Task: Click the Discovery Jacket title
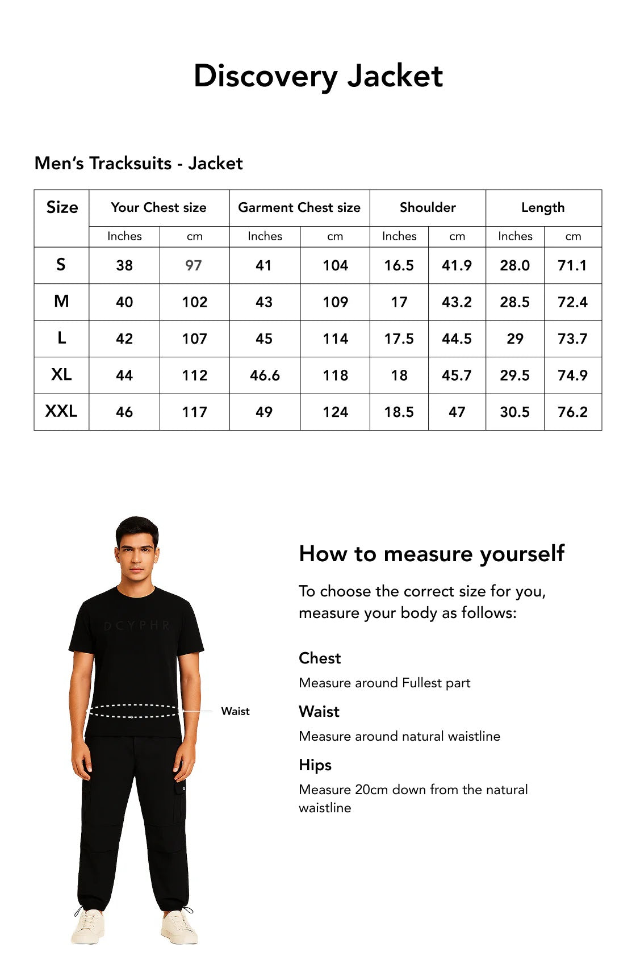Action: click(x=318, y=76)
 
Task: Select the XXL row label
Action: click(x=61, y=411)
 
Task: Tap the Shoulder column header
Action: click(x=428, y=207)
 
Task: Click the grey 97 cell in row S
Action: click(x=194, y=265)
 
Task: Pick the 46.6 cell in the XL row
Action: click(x=265, y=375)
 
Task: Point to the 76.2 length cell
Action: click(x=572, y=412)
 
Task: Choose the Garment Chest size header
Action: click(x=299, y=207)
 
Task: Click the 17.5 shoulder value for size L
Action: click(x=399, y=339)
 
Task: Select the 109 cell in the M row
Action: click(x=335, y=302)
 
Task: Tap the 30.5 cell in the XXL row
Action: click(x=514, y=412)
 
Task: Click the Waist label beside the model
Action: click(x=235, y=711)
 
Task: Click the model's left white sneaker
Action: click(x=179, y=926)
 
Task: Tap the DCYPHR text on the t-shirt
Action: click(x=137, y=625)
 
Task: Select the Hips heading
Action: click(x=315, y=765)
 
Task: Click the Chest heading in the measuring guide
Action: click(x=320, y=658)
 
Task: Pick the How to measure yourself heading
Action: click(x=432, y=553)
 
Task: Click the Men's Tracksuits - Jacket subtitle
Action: click(x=139, y=164)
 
